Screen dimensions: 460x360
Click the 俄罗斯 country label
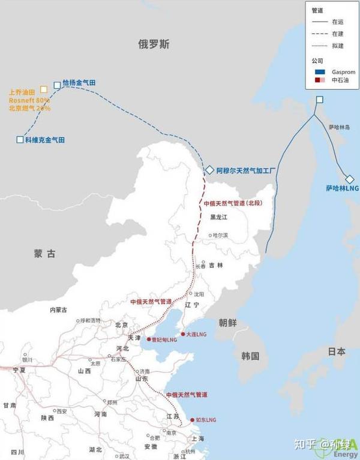(154, 44)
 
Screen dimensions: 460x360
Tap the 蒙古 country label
(44, 254)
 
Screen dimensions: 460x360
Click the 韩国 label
(250, 356)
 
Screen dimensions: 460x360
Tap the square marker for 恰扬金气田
(57, 85)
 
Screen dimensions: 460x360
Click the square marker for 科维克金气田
(20, 140)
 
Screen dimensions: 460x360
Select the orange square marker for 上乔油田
(43, 89)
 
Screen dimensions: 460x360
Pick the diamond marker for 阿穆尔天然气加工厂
(209, 170)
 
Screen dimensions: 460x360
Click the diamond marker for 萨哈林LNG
(350, 179)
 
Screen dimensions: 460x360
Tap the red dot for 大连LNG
(182, 333)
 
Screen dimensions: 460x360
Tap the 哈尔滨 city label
(221, 235)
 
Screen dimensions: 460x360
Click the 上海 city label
(197, 438)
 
